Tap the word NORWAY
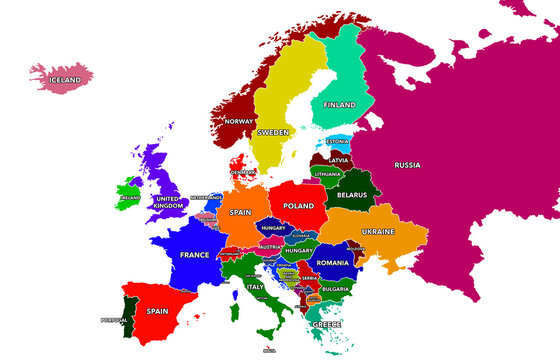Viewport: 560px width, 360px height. pyautogui.click(x=241, y=121)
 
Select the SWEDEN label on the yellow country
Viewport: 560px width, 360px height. pyautogui.click(x=273, y=132)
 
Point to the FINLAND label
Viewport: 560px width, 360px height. pyautogui.click(x=340, y=103)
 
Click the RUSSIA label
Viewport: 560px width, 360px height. pyautogui.click(x=407, y=164)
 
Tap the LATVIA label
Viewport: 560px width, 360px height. pyautogui.click(x=338, y=159)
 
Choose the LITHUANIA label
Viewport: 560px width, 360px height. pyautogui.click(x=328, y=174)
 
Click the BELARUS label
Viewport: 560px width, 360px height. pyautogui.click(x=354, y=195)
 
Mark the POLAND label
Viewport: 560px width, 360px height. pyautogui.click(x=298, y=205)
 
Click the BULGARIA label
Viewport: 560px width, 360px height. pyautogui.click(x=335, y=289)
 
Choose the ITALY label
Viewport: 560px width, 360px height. pyautogui.click(x=256, y=287)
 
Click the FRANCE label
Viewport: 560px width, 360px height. pyautogui.click(x=194, y=255)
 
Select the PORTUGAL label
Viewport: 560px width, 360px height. pyautogui.click(x=115, y=320)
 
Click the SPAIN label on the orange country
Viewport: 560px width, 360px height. pyautogui.click(x=240, y=212)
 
